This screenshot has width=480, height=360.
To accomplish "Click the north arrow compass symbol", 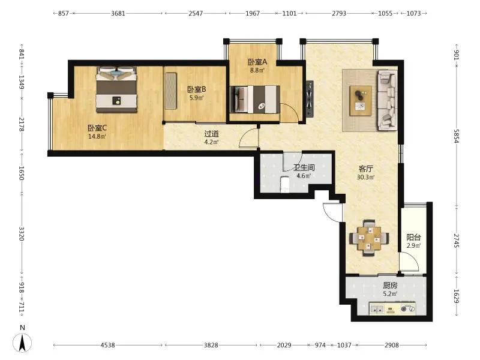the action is pyautogui.click(x=22, y=342).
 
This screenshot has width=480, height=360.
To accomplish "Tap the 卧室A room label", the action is pyautogui.click(x=257, y=62).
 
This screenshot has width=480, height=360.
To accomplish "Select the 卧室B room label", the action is pyautogui.click(x=197, y=89).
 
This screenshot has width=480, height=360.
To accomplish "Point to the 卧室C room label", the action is pyautogui.click(x=97, y=128).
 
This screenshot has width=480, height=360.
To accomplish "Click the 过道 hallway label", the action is pyautogui.click(x=212, y=134).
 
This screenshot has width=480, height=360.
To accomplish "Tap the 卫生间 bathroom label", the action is pyautogui.click(x=304, y=167).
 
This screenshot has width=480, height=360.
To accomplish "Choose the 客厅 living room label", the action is pyautogui.click(x=366, y=169).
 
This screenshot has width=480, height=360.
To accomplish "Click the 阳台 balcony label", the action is pyautogui.click(x=413, y=237).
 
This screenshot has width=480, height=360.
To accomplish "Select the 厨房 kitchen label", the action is pyautogui.click(x=391, y=286).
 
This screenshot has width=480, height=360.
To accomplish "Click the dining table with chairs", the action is pyautogui.click(x=369, y=238).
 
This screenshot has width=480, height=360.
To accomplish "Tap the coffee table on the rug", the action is pyautogui.click(x=361, y=101).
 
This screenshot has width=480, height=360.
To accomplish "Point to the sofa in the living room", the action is pyautogui.click(x=387, y=100).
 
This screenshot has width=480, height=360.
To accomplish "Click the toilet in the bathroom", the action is pyautogui.click(x=285, y=184).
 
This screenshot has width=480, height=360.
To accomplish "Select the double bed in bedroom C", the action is pyautogui.click(x=116, y=89).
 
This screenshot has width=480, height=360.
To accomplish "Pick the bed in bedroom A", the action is pyautogui.click(x=255, y=100).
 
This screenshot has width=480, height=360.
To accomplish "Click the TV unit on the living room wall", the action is pyautogui.click(x=310, y=98).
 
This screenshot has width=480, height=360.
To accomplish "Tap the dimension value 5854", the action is pyautogui.click(x=457, y=136).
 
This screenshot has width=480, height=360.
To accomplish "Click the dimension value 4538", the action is pyautogui.click(x=108, y=346).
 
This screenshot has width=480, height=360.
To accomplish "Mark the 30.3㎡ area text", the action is pyautogui.click(x=366, y=177).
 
